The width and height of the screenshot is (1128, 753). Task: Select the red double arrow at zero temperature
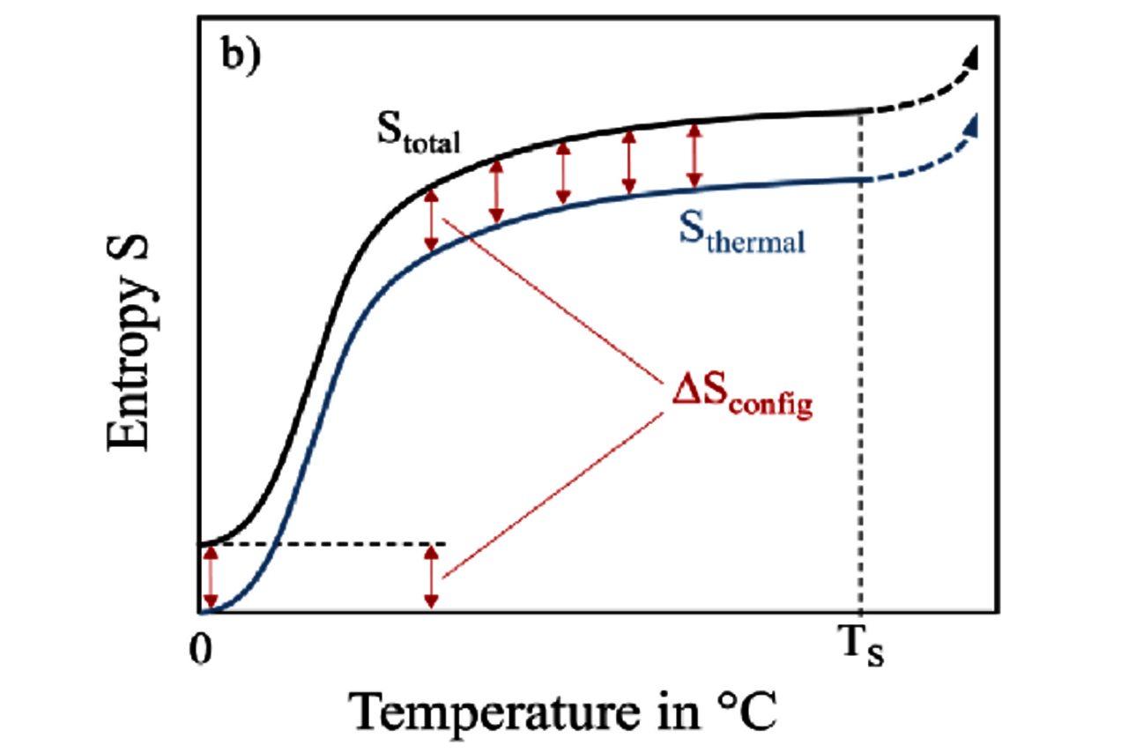click(x=209, y=578)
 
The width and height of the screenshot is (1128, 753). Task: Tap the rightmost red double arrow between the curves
click(x=694, y=155)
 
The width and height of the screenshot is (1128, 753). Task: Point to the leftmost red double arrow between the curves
click(x=430, y=220)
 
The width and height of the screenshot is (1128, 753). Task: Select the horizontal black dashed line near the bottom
click(x=335, y=544)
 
